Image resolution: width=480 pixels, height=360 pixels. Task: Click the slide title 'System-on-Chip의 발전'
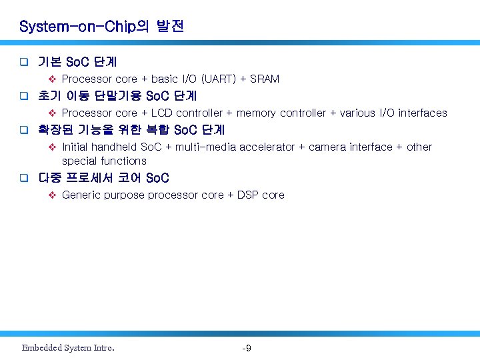pyautogui.click(x=101, y=27)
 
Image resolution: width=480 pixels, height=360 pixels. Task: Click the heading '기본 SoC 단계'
pyautogui.click(x=77, y=62)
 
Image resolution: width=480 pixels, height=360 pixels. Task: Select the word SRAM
pyautogui.click(x=265, y=79)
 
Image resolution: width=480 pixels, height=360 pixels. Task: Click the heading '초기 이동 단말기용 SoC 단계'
pyautogui.click(x=117, y=95)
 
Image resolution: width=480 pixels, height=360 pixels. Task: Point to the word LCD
pyautogui.click(x=162, y=113)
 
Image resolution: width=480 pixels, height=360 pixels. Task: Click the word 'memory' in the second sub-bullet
pyautogui.click(x=256, y=113)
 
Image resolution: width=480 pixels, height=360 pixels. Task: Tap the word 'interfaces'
pyautogui.click(x=423, y=113)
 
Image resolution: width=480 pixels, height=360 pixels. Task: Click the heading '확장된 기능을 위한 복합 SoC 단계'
pyautogui.click(x=131, y=129)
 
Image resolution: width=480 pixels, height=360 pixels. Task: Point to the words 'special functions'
pyautogui.click(x=104, y=161)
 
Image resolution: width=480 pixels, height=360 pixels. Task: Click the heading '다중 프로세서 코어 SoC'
pyautogui.click(x=103, y=178)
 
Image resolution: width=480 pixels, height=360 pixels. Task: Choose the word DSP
pyautogui.click(x=248, y=195)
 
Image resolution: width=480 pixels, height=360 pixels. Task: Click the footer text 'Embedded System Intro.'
pyautogui.click(x=68, y=348)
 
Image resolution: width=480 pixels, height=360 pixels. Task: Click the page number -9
pyautogui.click(x=246, y=348)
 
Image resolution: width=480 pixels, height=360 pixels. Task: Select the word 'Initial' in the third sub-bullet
pyautogui.click(x=75, y=147)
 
